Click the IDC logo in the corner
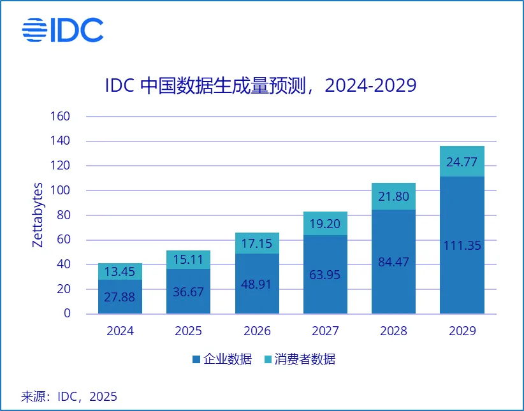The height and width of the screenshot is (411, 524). point(62,29)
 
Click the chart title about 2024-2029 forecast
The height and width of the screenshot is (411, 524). point(261,85)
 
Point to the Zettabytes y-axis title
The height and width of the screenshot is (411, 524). point(38,215)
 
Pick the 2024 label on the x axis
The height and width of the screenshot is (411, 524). point(120,331)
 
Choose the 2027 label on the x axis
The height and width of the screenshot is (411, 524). point(325,331)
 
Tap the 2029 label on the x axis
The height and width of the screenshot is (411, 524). point(462,331)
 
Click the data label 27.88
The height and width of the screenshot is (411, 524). point(120,296)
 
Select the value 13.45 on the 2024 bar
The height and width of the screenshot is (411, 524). point(120,272)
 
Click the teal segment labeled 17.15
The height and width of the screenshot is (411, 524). point(257,243)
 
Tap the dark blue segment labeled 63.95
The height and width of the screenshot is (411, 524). point(325,274)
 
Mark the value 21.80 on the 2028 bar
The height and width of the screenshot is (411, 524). point(393,196)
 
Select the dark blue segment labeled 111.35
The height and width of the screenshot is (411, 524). point(462,245)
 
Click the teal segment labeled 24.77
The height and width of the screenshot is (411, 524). point(462,161)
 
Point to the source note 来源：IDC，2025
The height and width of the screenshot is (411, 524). point(69,396)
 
